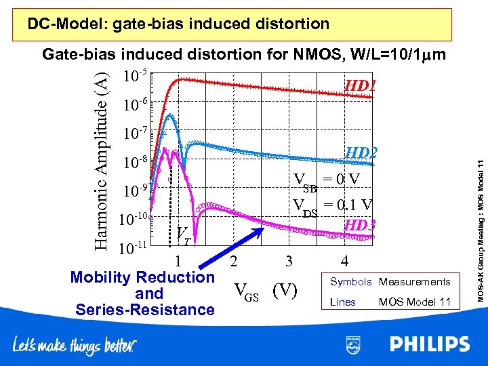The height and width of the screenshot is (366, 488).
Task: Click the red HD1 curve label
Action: click(360, 86)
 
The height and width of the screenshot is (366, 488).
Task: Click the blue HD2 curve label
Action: click(361, 154)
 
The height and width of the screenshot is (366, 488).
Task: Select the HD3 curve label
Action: click(359, 224)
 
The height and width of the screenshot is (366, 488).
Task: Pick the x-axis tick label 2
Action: click(234, 261)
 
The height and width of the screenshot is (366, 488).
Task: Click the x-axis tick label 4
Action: click(345, 261)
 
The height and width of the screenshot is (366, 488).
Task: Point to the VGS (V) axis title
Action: click(265, 290)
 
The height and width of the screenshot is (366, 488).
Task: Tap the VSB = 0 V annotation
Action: click(326, 180)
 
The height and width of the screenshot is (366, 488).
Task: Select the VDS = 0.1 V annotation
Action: click(332, 206)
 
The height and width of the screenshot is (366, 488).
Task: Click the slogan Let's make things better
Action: click(75, 345)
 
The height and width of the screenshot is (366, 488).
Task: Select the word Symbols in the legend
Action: click(350, 282)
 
